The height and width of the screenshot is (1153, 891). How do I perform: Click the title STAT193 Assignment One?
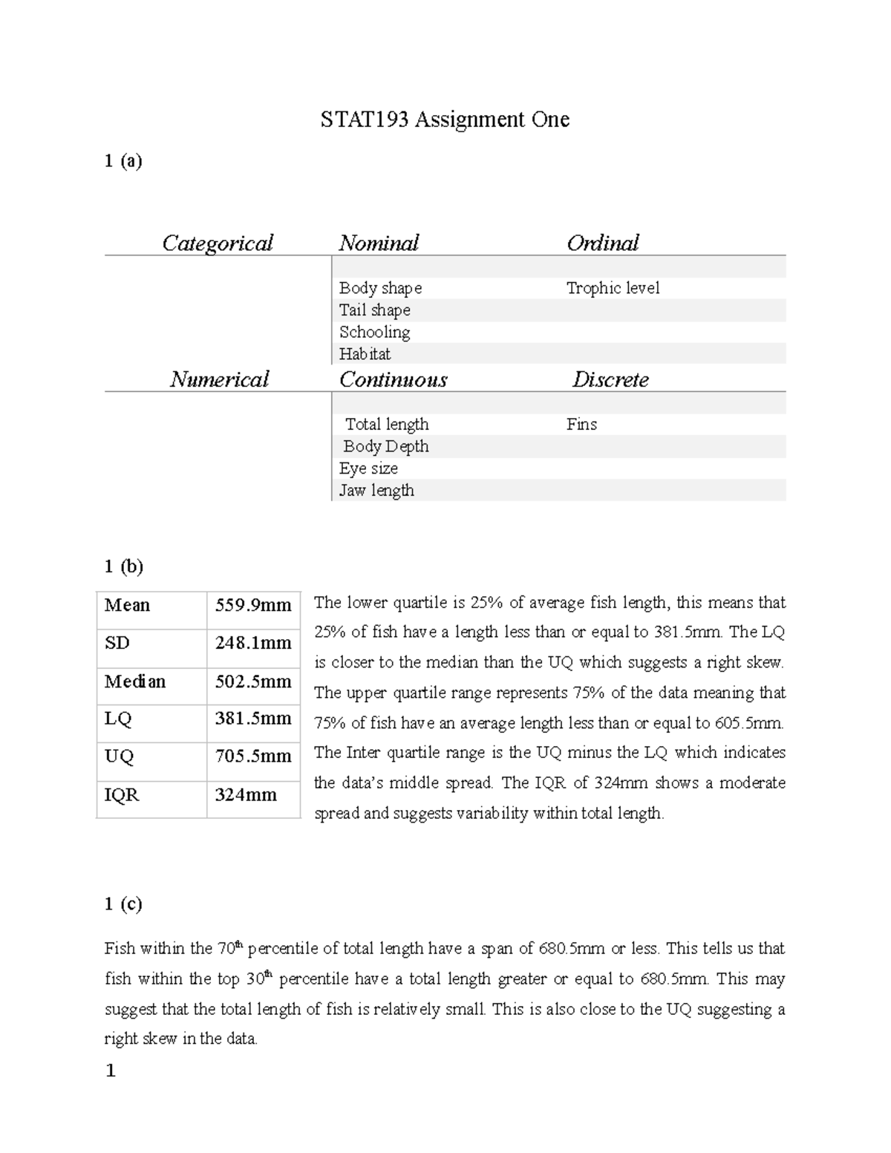click(445, 120)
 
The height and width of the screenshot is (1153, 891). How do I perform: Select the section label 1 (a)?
click(123, 161)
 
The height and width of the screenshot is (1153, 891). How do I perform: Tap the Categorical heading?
click(218, 243)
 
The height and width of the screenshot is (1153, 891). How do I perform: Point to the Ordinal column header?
click(602, 243)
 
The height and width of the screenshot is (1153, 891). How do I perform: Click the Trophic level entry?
click(613, 288)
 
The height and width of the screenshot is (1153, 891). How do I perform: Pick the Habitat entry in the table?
click(365, 354)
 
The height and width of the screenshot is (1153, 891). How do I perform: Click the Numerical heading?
click(219, 379)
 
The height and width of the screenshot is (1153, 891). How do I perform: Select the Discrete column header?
click(610, 379)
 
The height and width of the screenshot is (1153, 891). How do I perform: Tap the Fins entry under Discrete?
click(581, 424)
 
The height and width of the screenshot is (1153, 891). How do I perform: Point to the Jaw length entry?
click(376, 490)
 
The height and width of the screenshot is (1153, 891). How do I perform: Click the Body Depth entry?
click(386, 446)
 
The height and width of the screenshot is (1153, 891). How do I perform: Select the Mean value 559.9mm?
click(253, 605)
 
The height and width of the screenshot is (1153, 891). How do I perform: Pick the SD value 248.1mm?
click(253, 643)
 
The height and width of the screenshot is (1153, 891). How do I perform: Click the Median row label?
click(135, 682)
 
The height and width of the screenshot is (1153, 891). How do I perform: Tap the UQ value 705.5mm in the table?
click(253, 757)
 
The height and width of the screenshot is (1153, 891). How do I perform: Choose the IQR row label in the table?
click(122, 795)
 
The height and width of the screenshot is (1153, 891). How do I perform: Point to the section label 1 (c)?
click(123, 904)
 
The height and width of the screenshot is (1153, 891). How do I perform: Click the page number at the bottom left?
click(111, 1071)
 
